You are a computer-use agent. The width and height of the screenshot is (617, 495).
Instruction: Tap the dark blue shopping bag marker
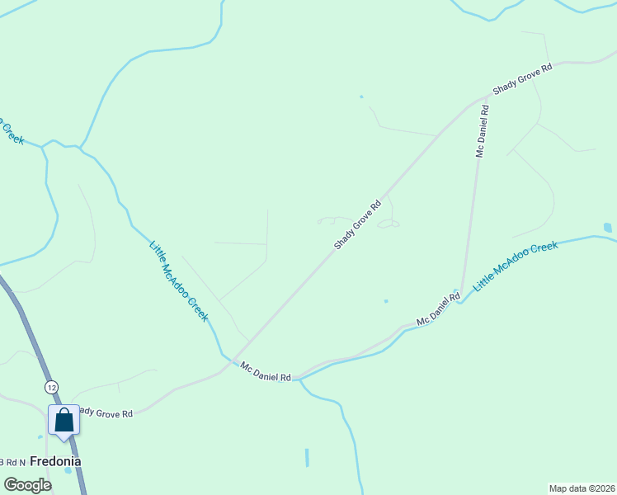[x=64, y=420]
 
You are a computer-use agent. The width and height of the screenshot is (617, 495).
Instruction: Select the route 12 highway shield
[x=52, y=387]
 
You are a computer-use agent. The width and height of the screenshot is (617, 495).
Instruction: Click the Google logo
[x=28, y=485]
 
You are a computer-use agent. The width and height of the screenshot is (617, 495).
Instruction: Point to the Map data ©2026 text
[x=582, y=488]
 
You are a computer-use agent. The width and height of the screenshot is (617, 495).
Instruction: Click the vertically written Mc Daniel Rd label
[x=483, y=130]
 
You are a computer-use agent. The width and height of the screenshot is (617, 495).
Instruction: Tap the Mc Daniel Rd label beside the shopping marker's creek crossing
[x=266, y=371]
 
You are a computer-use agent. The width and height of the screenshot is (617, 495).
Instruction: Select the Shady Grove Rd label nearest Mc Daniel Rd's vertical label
[x=522, y=78]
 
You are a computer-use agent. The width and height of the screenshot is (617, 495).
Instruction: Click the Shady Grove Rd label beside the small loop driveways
[x=358, y=224]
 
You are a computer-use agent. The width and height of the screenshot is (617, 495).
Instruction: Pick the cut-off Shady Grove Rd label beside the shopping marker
[x=106, y=412]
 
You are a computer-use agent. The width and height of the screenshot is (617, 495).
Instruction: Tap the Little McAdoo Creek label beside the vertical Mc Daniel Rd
[x=515, y=266]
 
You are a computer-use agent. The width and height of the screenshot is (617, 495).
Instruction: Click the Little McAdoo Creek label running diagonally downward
[x=179, y=280]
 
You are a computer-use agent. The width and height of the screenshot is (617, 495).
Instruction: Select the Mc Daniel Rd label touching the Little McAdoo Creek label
[x=438, y=309]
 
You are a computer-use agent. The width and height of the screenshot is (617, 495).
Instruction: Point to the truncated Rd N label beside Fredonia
[x=12, y=462]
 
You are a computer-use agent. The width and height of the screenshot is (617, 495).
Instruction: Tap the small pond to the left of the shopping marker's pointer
[x=40, y=437]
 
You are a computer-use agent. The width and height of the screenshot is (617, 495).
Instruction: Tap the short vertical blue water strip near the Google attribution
[x=306, y=457]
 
